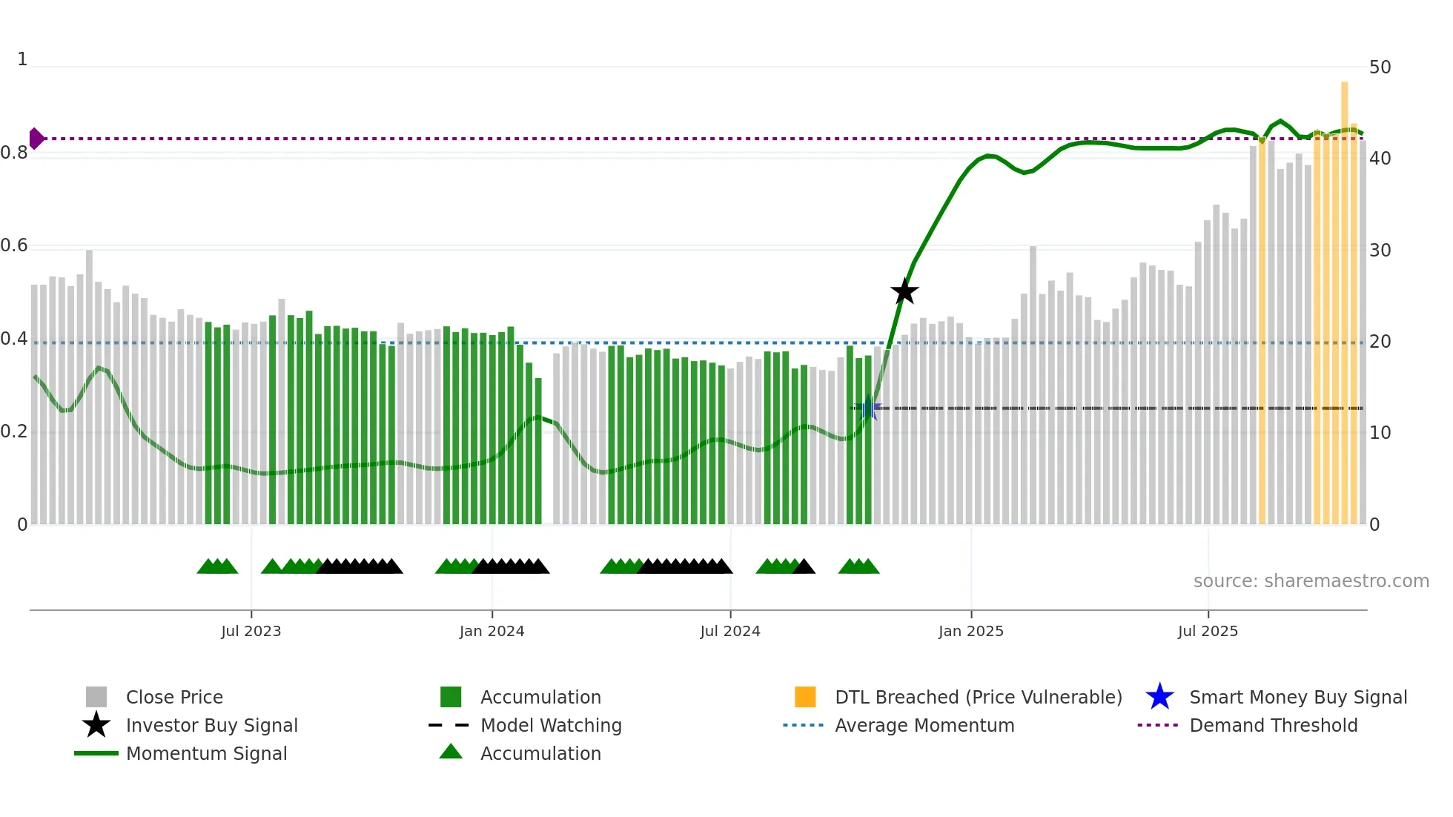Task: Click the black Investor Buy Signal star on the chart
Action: [x=904, y=291]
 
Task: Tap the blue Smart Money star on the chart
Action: [x=869, y=408]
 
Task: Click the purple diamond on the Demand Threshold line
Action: [x=36, y=139]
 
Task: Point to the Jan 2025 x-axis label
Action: [x=970, y=632]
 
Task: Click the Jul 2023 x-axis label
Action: [x=251, y=632]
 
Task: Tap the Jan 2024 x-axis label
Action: [x=491, y=632]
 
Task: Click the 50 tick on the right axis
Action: [x=1380, y=67]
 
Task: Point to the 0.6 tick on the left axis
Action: [x=14, y=245]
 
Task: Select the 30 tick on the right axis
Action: [x=1380, y=251]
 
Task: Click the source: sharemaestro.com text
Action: [x=1311, y=581]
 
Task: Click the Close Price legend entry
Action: [x=174, y=698]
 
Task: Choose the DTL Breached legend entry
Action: [x=978, y=698]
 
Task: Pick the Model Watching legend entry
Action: [x=551, y=726]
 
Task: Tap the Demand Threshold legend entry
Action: [x=1273, y=726]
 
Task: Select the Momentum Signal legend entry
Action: [x=206, y=754]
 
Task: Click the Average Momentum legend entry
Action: [x=924, y=726]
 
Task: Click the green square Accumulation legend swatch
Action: [x=451, y=698]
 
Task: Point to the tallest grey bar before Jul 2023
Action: [x=90, y=386]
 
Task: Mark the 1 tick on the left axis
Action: [x=22, y=59]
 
